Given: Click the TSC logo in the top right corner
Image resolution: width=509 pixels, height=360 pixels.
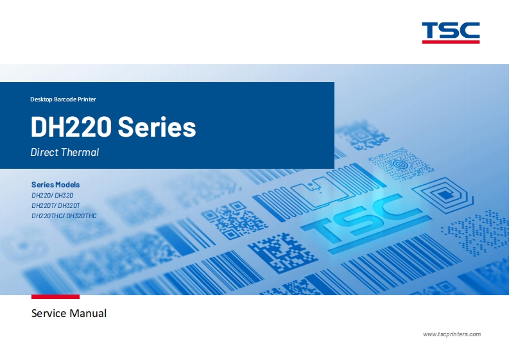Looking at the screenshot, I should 451,30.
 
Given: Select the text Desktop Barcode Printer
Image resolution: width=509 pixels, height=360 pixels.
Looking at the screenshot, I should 63,99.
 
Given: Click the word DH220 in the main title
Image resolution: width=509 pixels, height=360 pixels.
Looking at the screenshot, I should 71,127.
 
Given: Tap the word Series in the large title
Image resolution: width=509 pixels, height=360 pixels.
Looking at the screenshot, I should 157,127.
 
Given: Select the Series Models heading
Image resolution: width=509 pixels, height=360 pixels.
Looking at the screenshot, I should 55,184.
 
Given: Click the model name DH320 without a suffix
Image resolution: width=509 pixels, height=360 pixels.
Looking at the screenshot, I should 64,194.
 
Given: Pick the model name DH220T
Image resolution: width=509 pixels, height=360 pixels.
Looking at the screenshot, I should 42,205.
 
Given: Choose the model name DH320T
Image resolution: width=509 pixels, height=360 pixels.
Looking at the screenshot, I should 69,205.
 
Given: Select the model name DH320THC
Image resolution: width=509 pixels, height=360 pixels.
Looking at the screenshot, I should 82,216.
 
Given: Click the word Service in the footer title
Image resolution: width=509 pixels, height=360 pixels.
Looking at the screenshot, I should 49,314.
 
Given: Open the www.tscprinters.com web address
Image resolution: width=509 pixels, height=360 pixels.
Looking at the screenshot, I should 452,334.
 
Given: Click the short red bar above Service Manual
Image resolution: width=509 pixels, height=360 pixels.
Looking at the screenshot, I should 55,296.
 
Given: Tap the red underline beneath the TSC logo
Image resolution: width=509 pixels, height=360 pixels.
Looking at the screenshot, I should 451,42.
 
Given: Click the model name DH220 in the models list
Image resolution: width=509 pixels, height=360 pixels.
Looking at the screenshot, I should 42,194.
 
